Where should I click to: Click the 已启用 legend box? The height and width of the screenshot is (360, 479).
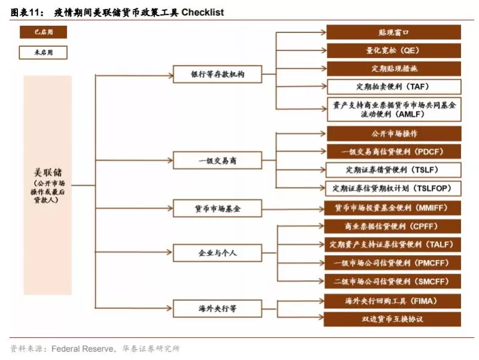43,32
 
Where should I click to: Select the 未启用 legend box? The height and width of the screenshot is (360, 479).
43,52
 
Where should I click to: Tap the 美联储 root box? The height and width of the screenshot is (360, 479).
48,185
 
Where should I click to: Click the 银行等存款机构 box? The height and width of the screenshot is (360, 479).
217,74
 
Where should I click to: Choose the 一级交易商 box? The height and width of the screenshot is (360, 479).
217,161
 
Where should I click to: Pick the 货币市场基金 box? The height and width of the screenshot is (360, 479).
217,208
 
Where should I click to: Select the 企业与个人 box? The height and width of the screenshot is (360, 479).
217,253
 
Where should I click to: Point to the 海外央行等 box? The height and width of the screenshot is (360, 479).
217,308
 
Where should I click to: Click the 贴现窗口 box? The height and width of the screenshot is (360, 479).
394,32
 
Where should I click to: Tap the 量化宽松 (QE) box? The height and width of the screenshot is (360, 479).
394,50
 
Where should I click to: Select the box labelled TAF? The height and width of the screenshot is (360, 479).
394,87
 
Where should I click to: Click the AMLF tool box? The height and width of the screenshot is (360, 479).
394,110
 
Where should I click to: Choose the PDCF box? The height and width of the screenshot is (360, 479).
394,152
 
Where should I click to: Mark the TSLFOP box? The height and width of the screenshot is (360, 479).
393,189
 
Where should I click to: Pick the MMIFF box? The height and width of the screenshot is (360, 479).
393,208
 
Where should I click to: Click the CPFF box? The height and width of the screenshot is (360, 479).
393,226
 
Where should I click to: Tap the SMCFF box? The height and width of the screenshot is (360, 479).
393,282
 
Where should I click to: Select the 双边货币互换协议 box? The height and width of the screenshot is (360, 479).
393,319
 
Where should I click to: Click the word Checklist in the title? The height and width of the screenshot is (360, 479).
202,12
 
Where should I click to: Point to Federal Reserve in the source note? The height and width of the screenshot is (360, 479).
83,349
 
